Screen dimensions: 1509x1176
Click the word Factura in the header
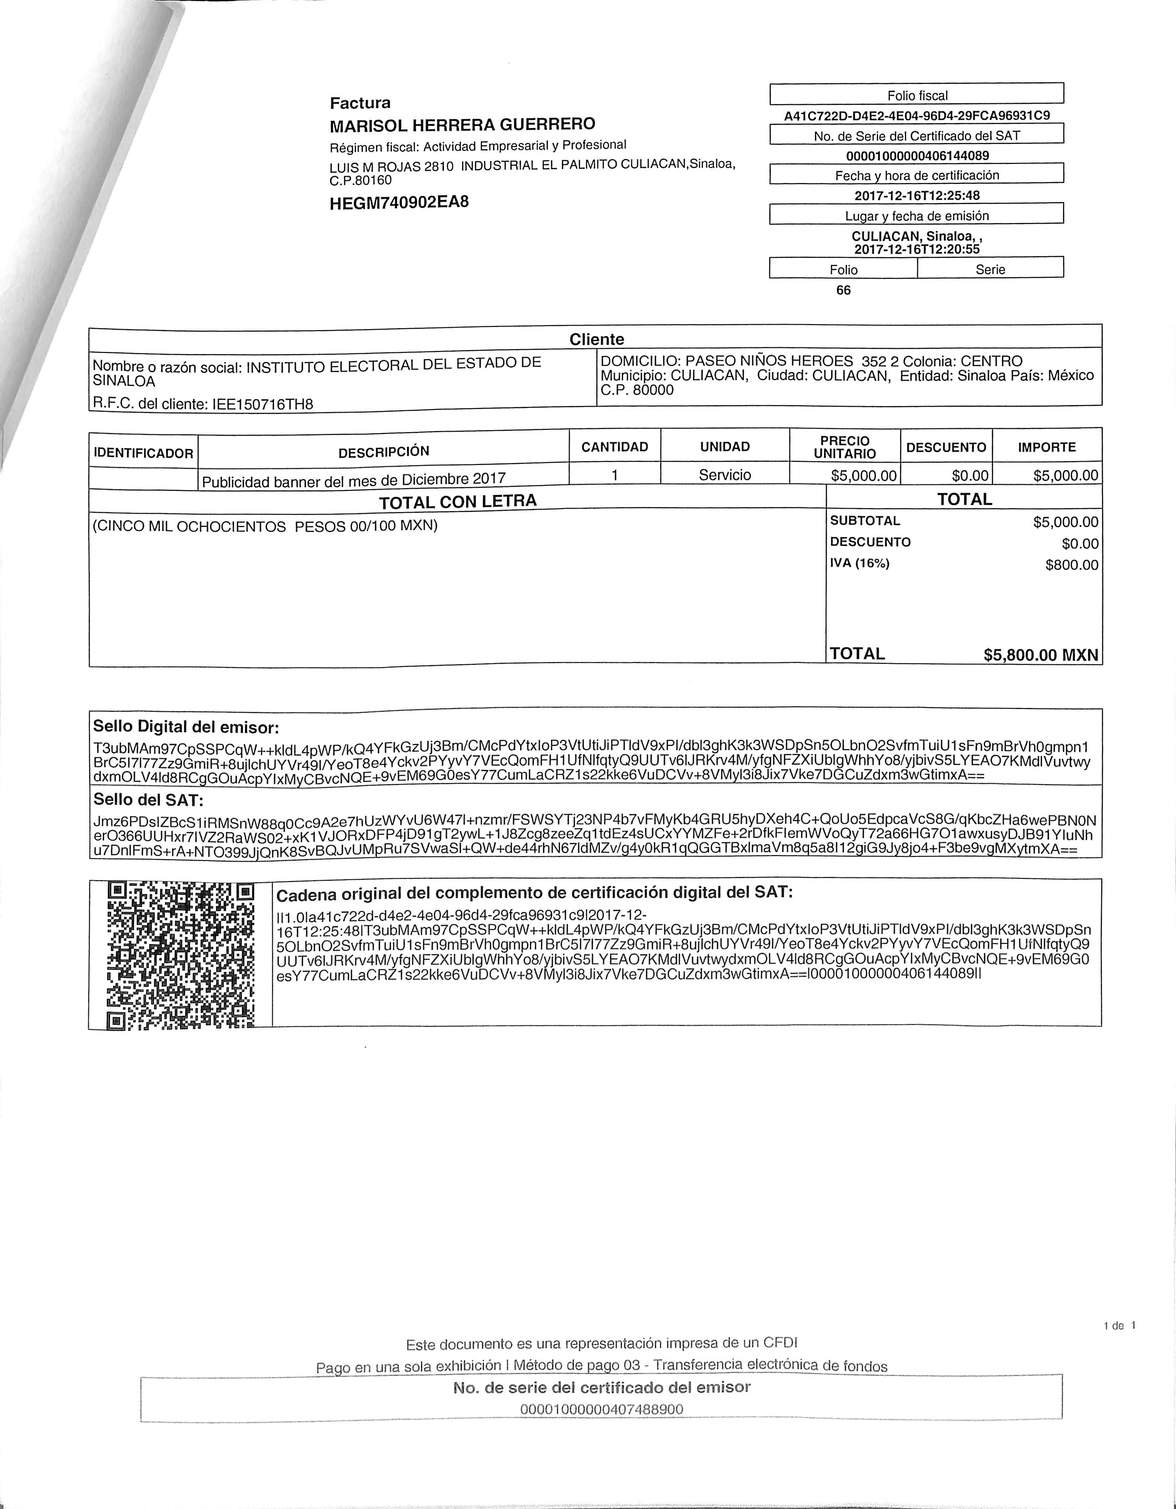point(360,103)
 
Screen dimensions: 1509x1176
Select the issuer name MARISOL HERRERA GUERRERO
point(462,125)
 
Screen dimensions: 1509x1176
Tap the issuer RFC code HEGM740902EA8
point(399,203)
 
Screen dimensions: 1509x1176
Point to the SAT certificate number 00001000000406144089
point(917,155)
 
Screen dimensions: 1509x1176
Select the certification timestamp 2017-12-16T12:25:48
point(917,195)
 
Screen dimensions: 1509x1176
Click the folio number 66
point(843,290)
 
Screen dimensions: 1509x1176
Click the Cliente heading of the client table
point(596,339)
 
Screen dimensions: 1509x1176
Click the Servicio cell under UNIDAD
point(725,474)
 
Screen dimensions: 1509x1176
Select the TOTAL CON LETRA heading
point(458,501)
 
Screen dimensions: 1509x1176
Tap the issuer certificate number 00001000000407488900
point(601,1409)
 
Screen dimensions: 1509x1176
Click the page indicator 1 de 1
point(1120,1325)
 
